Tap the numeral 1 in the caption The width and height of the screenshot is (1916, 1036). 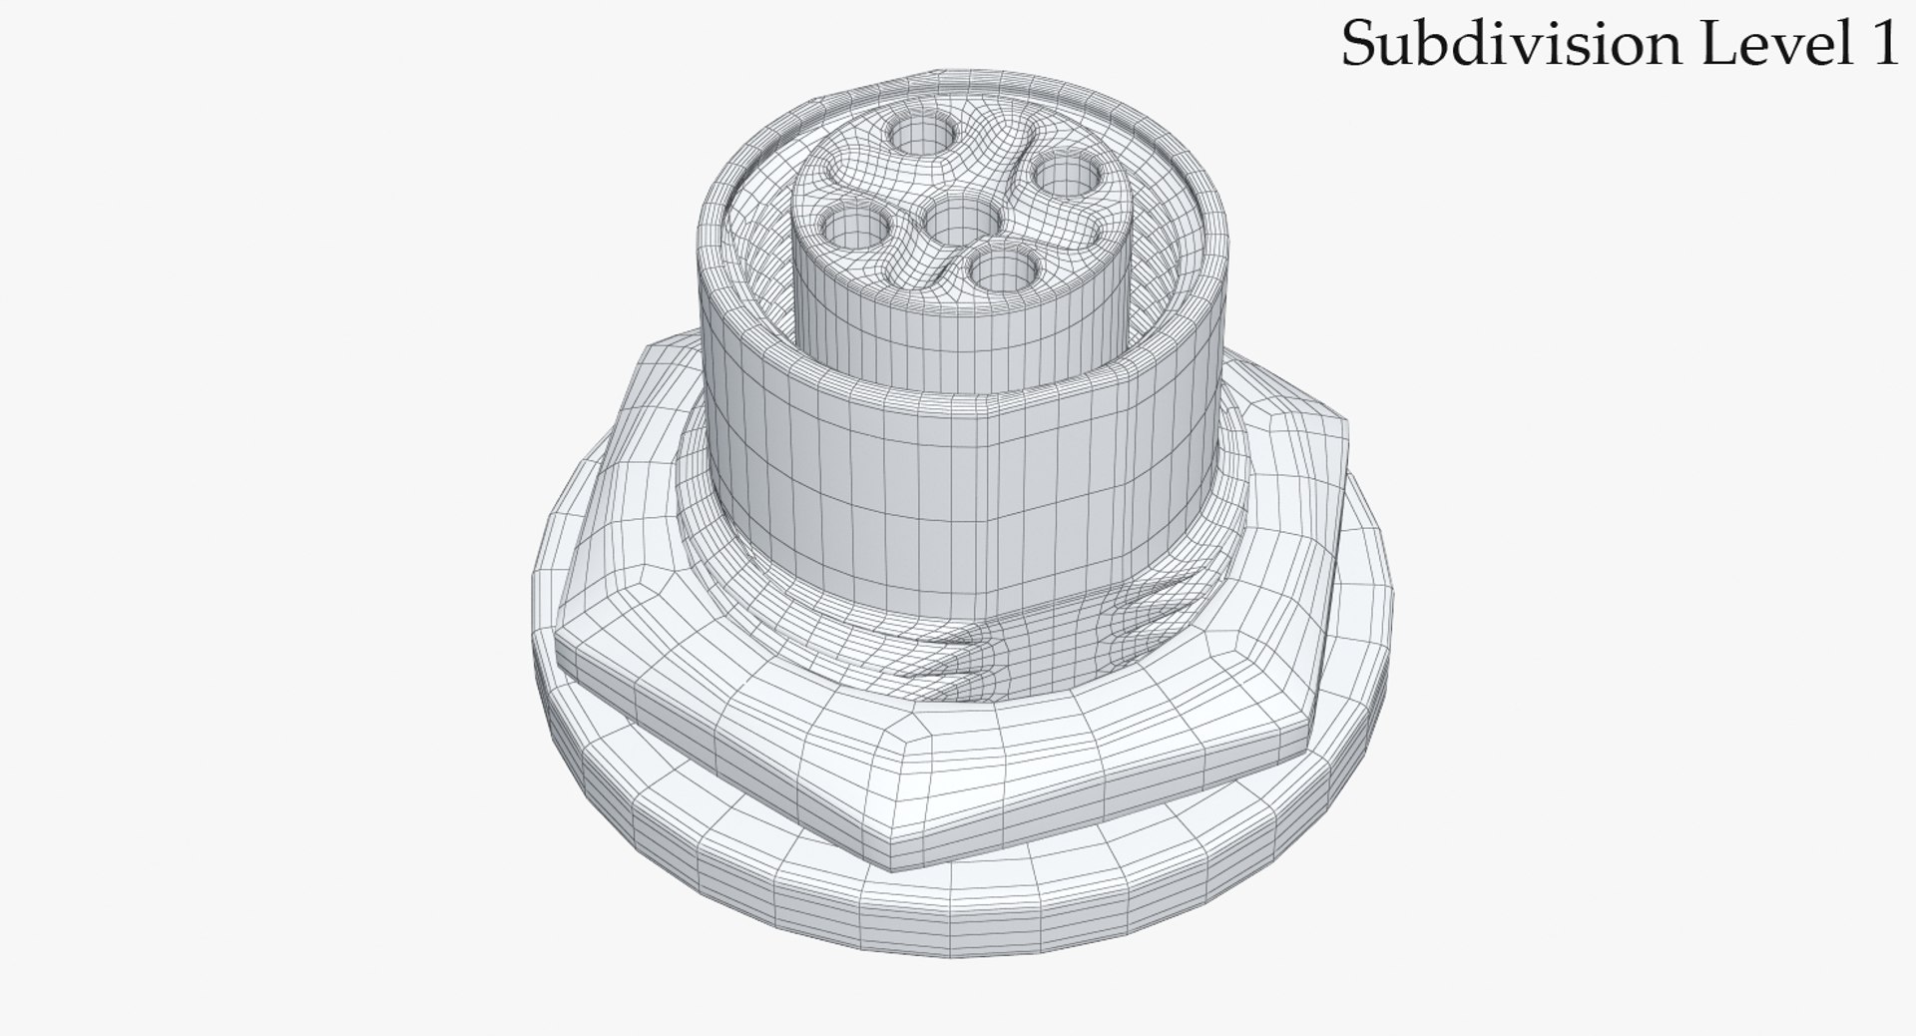pyautogui.click(x=1881, y=45)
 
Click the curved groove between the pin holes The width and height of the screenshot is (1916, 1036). pyautogui.click(x=1008, y=190)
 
